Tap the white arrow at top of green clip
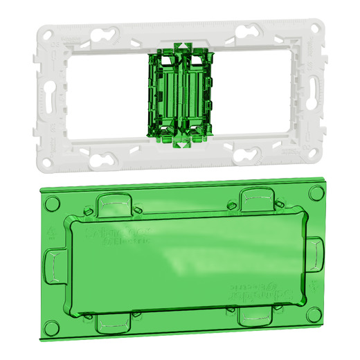181,46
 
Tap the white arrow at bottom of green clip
181,144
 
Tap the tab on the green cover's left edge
53,265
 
